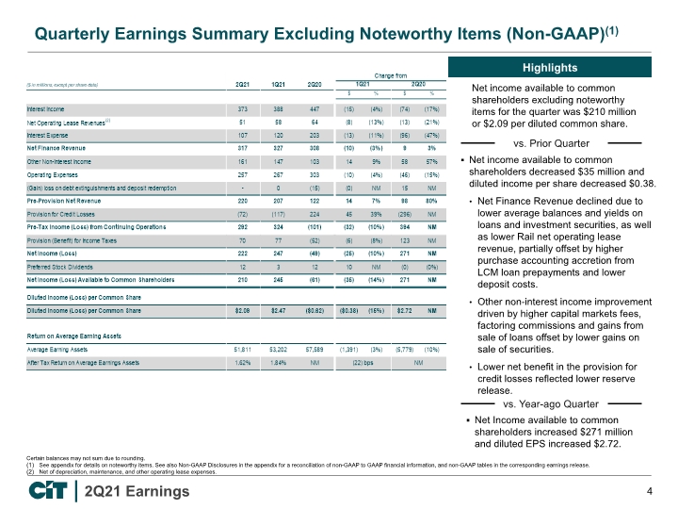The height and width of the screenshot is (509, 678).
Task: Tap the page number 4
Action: pos(650,491)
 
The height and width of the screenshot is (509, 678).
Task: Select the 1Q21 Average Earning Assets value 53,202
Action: pos(278,348)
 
